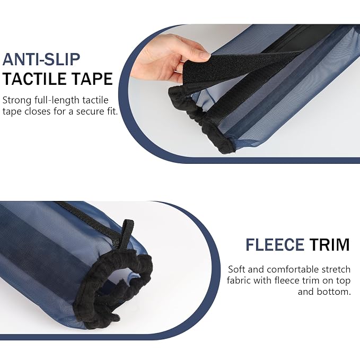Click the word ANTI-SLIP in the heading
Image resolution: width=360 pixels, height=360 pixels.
tap(41, 59)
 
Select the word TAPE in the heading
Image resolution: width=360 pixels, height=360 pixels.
tap(90, 79)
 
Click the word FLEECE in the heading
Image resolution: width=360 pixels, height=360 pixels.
tap(275, 245)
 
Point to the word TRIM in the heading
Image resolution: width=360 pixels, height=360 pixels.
tap(329, 245)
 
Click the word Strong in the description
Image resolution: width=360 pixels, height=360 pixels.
tap(17, 101)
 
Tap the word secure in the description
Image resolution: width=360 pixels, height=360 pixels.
tap(88, 112)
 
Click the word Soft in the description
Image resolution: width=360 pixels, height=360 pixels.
tap(236, 269)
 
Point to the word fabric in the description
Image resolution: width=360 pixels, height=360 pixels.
tap(239, 280)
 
